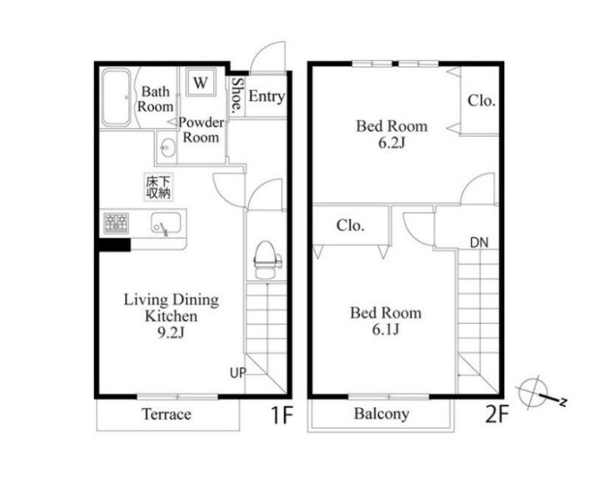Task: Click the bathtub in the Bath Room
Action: point(116,98)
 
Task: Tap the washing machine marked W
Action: point(201,83)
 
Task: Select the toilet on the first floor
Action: point(267,259)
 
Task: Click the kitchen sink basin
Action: point(166,223)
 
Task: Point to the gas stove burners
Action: point(116,223)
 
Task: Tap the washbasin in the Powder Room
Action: point(167,147)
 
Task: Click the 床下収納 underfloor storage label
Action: point(158,187)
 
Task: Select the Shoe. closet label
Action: point(237,96)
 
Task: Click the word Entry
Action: point(267,97)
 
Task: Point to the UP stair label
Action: point(238,373)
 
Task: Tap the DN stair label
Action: point(479,243)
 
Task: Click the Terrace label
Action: point(167,414)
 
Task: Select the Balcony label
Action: point(382,414)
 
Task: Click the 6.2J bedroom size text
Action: point(392,143)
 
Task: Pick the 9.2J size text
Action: point(171,333)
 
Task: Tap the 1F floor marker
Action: point(282,415)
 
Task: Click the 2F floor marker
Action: point(497,414)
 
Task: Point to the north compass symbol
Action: point(539,394)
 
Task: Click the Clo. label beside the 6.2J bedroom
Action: point(482,101)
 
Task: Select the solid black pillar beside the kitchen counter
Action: point(115,244)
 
